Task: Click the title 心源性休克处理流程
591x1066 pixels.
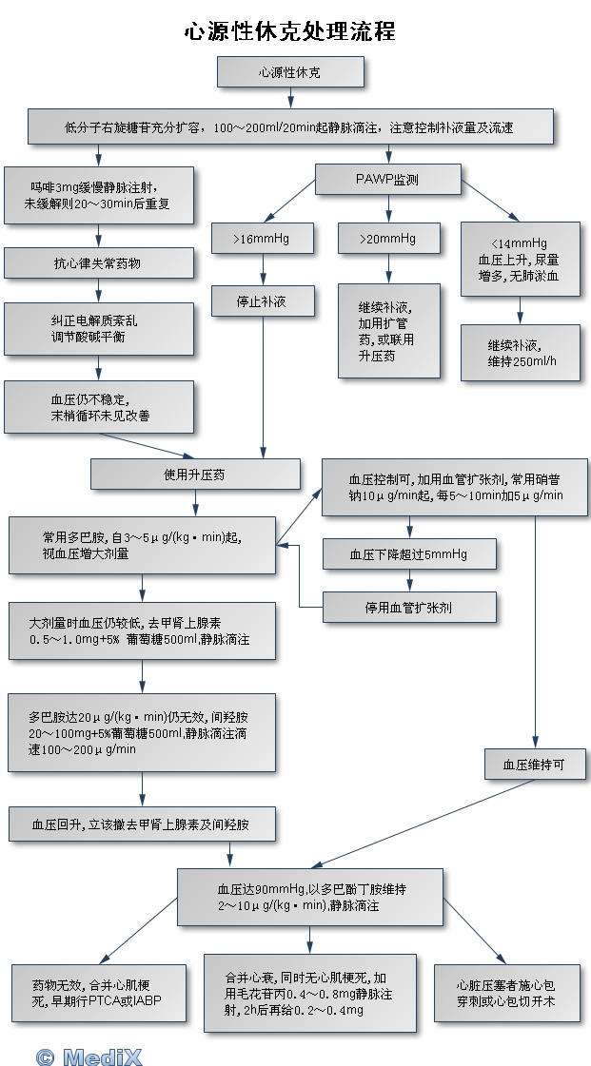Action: pyautogui.click(x=289, y=31)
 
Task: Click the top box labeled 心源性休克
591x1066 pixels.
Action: pyautogui.click(x=289, y=72)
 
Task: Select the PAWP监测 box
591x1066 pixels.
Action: pyautogui.click(x=386, y=178)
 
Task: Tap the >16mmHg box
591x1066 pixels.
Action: pyautogui.click(x=262, y=239)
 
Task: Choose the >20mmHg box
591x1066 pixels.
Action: pyautogui.click(x=388, y=238)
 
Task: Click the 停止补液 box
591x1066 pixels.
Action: pyautogui.click(x=262, y=302)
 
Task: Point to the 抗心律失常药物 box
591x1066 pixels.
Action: pyautogui.click(x=98, y=262)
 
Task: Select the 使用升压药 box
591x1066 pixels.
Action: pyautogui.click(x=195, y=473)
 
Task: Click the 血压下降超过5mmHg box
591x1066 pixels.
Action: pyautogui.click(x=408, y=553)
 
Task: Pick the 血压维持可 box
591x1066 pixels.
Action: pyautogui.click(x=533, y=764)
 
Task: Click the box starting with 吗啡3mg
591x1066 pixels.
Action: pyautogui.click(x=98, y=195)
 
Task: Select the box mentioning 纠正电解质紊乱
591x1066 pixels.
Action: pyautogui.click(x=98, y=329)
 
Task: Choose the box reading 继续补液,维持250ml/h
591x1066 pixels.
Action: pyautogui.click(x=520, y=353)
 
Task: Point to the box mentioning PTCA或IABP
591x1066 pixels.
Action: pyautogui.click(x=98, y=994)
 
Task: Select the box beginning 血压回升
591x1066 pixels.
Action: pyautogui.click(x=142, y=824)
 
